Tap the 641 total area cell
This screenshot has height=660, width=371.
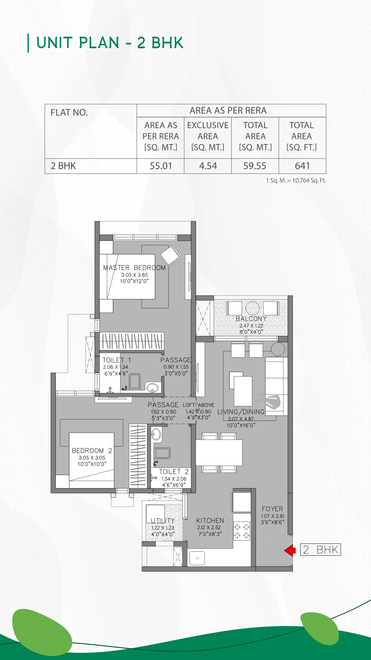(302, 166)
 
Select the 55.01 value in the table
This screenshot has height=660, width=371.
(161, 166)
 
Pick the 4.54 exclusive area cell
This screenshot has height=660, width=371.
(208, 166)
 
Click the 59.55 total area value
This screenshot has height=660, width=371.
(255, 166)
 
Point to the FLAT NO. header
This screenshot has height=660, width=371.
(69, 113)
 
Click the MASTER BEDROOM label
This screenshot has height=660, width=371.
(134, 268)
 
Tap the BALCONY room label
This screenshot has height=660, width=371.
(251, 319)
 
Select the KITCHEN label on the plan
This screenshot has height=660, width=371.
(210, 521)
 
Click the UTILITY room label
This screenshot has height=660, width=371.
(163, 521)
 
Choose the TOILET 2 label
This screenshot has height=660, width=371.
(174, 472)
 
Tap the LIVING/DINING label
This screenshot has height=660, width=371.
(241, 412)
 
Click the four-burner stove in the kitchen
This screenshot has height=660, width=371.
(242, 531)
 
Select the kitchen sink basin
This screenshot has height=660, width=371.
(197, 558)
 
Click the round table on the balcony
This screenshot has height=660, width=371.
(252, 308)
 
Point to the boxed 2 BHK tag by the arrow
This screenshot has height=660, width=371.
(320, 550)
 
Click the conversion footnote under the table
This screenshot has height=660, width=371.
(296, 181)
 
